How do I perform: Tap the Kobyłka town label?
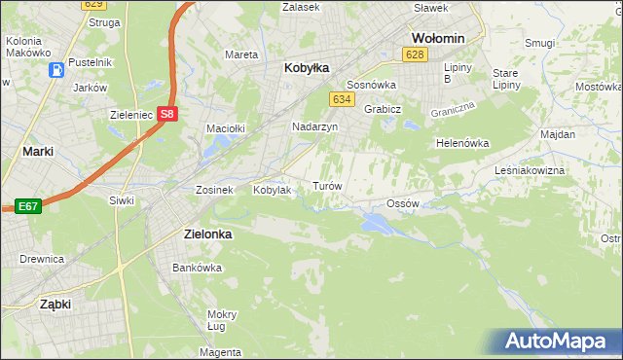click(x=307, y=68)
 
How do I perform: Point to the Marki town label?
click(x=37, y=151)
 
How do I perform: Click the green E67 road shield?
click(x=27, y=206)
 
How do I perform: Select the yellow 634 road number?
click(x=341, y=100)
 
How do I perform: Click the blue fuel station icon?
click(x=57, y=69)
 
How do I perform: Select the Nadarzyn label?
click(x=314, y=126)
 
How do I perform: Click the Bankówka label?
click(x=192, y=267)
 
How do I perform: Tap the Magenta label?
click(x=223, y=351)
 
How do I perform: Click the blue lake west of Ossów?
click(x=377, y=224)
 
